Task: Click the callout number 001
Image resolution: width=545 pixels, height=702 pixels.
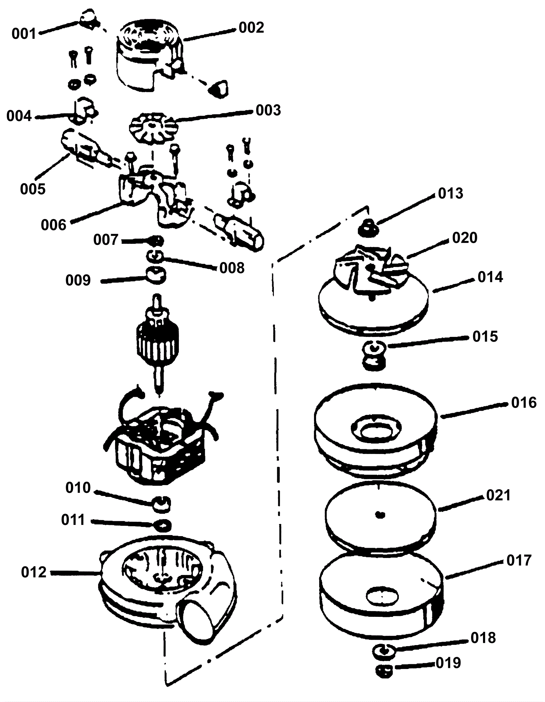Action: click(24, 34)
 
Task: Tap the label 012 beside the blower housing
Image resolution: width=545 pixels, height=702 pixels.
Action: click(34, 572)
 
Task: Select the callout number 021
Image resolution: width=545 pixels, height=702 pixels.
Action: click(498, 495)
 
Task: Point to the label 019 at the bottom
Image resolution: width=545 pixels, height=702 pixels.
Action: click(448, 663)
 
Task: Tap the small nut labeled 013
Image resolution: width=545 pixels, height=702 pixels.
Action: click(368, 227)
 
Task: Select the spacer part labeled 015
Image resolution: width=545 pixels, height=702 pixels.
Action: click(374, 356)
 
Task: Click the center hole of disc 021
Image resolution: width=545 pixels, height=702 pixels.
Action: click(380, 514)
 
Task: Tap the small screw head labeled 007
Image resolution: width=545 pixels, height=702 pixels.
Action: click(157, 240)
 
